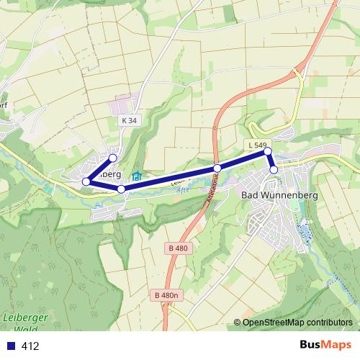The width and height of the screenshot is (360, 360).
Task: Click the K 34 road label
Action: pyautogui.click(x=129, y=121)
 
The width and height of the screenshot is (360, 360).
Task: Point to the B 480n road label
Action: pyautogui.click(x=165, y=295)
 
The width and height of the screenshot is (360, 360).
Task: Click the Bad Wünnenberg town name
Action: pyautogui.click(x=279, y=195)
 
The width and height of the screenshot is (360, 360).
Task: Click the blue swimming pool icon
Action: pyautogui.click(x=137, y=175)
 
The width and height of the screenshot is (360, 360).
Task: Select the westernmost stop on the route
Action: pyautogui.click(x=86, y=181)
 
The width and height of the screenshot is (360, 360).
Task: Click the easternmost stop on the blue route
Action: pyautogui.click(x=274, y=170)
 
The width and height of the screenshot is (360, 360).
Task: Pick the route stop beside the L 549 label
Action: pyautogui.click(x=267, y=151)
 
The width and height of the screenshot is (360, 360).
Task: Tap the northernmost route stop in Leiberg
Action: pyautogui.click(x=112, y=158)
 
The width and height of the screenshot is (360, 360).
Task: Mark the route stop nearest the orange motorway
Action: pyautogui.click(x=217, y=168)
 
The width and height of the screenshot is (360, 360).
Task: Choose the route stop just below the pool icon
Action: pyautogui.click(x=121, y=189)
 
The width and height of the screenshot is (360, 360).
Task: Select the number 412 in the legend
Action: pyautogui.click(x=30, y=346)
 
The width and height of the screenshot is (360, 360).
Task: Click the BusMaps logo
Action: pyautogui.click(x=325, y=345)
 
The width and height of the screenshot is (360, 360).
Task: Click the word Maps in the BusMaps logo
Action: pyautogui.click(x=338, y=345)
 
